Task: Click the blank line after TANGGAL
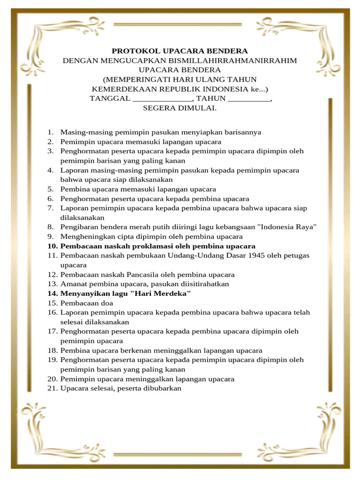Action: (x=162, y=99)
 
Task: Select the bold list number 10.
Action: (x=52, y=246)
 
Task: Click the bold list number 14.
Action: (x=52, y=293)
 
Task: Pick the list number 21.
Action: (x=52, y=388)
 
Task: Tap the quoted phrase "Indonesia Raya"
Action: (x=287, y=227)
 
